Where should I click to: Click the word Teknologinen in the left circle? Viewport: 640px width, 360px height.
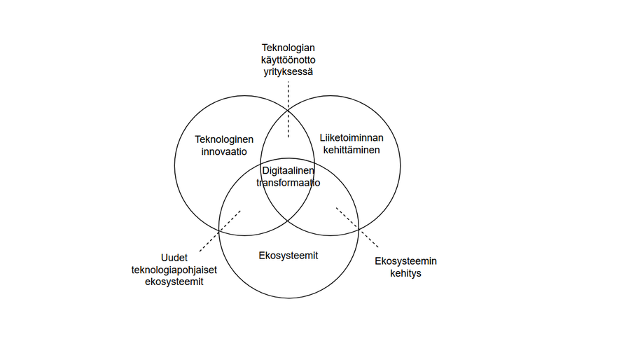224,139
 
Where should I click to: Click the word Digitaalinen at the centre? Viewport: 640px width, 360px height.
288,171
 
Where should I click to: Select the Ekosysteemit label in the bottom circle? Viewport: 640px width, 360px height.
288,256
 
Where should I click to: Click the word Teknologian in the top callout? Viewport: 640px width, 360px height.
288,48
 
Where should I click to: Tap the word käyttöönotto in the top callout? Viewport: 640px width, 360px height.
288,60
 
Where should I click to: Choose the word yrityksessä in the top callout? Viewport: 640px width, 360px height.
288,72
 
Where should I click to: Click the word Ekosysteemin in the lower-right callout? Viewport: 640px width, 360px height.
405,261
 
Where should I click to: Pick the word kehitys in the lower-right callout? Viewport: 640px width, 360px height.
405,273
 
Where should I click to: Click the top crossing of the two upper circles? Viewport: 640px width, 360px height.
288,110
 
